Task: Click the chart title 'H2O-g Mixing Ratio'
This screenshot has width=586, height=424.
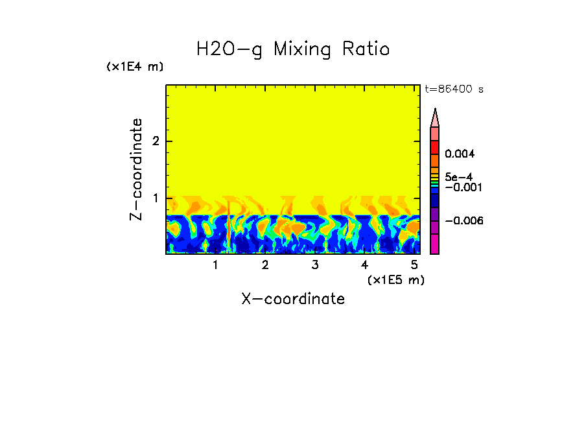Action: (293, 49)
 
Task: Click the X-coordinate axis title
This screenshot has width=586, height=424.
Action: (293, 299)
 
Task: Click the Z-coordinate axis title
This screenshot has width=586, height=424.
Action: (136, 169)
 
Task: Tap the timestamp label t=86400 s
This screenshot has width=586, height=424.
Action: (454, 89)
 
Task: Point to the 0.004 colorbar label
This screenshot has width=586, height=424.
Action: (460, 154)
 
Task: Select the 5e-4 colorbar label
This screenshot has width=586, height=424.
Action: (458, 176)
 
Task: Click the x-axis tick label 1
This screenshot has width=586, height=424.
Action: (215, 265)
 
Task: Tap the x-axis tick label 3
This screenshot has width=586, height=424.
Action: (315, 265)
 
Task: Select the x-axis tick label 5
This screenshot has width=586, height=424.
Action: (414, 265)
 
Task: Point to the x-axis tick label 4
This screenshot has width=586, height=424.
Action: (364, 265)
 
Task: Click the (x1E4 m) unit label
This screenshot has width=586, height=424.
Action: (135, 67)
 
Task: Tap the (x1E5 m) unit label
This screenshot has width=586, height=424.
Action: (396, 280)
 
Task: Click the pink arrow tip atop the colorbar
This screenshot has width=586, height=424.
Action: (435, 117)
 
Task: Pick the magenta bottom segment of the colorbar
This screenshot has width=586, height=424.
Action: (435, 244)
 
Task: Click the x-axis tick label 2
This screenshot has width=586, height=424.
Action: (265, 265)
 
